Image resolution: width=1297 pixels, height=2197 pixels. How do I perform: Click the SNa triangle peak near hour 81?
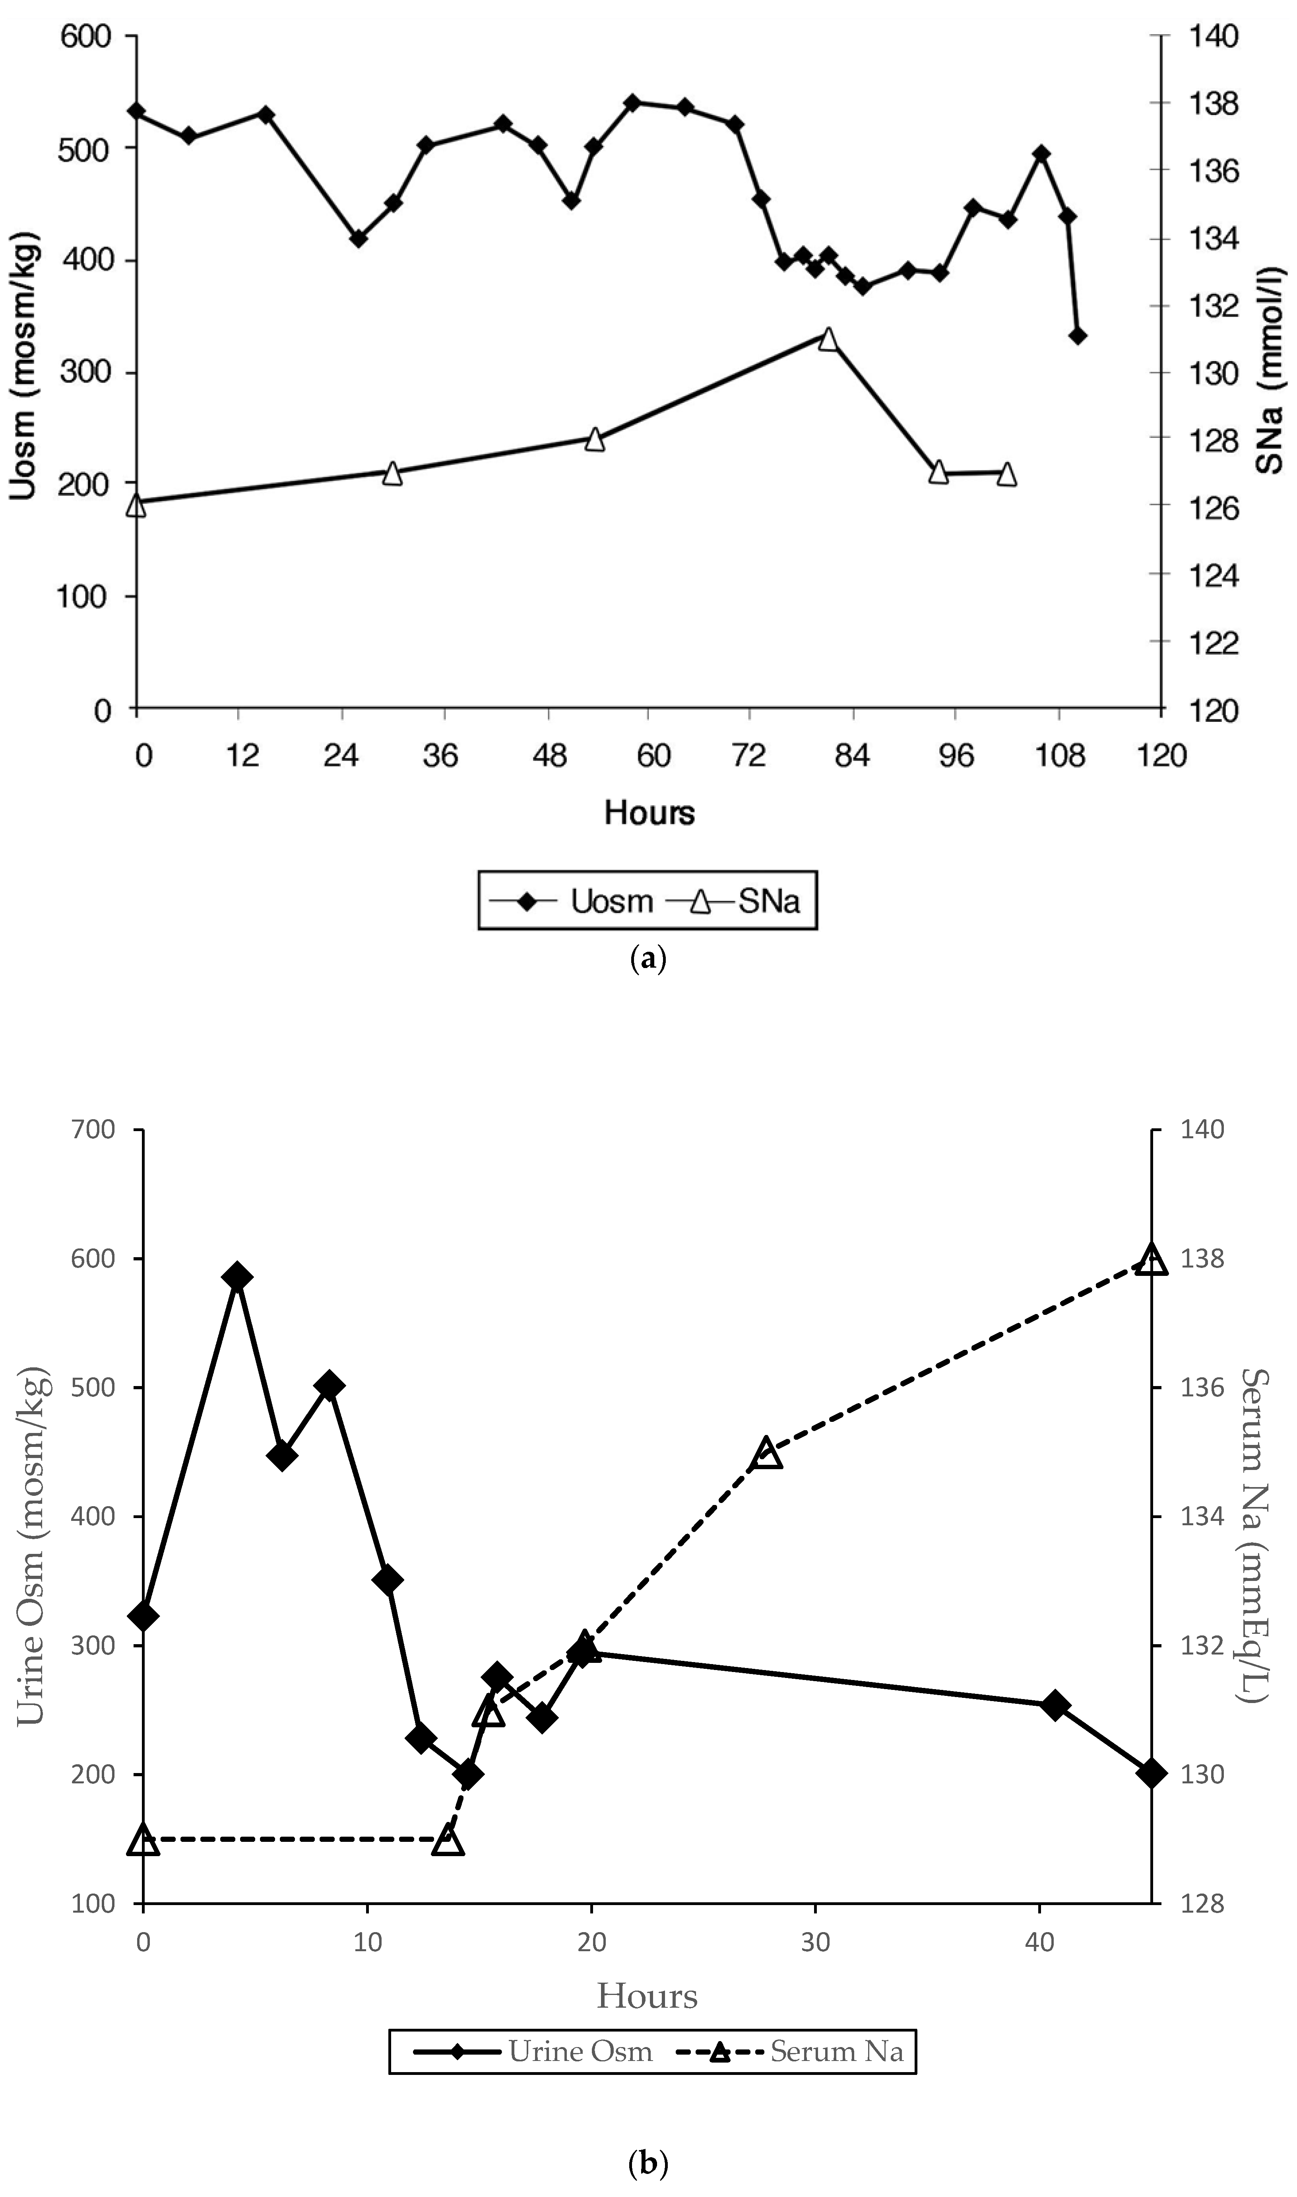828,339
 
